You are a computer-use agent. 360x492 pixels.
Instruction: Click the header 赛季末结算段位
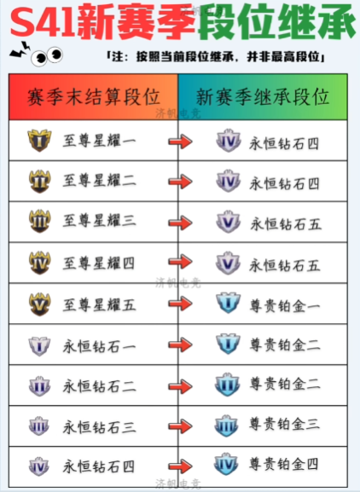click(94, 97)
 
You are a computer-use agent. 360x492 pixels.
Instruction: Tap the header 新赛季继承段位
click(263, 97)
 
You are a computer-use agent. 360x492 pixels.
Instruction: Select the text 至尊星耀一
click(99, 140)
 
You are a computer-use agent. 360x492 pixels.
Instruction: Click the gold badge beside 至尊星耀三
click(39, 221)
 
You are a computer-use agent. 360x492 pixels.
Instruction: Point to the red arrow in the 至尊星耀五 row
click(181, 304)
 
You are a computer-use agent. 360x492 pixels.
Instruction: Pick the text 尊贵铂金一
click(285, 306)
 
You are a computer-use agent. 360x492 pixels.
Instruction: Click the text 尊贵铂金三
click(285, 425)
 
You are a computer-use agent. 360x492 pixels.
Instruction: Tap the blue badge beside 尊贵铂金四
click(227, 464)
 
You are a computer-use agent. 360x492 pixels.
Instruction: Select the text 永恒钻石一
click(99, 347)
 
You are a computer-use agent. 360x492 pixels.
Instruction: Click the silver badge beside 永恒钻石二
click(39, 386)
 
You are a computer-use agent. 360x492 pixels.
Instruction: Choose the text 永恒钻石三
click(99, 427)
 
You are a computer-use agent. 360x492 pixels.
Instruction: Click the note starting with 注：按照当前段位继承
click(216, 57)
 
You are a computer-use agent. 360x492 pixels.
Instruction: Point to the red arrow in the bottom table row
click(181, 466)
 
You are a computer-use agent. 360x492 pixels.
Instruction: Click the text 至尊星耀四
click(99, 263)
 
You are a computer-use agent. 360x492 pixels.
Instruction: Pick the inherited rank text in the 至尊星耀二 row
click(284, 183)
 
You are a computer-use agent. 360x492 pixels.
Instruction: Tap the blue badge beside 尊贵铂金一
click(228, 303)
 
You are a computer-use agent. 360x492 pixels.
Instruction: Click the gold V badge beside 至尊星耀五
click(39, 304)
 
